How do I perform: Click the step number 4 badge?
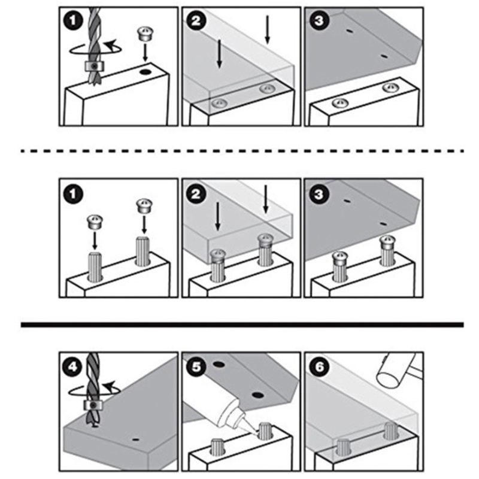tap(72, 366)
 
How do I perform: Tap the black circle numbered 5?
tap(196, 366)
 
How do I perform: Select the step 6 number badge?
tap(319, 366)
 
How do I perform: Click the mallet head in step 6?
tap(396, 371)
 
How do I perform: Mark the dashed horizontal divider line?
tap(242, 151)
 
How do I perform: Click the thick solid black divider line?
tap(242, 325)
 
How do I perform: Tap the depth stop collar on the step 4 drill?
tap(93, 405)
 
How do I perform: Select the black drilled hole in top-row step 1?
tap(145, 72)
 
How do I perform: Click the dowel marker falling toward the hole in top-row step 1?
tap(145, 34)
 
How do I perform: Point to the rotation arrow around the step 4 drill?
tap(95, 389)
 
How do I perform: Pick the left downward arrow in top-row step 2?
tap(219, 53)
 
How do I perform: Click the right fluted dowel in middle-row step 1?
tap(142, 251)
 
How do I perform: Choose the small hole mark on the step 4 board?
tap(136, 440)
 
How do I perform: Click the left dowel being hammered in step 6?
tap(343, 447)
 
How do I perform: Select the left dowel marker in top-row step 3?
tap(340, 103)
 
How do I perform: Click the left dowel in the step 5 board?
tap(217, 446)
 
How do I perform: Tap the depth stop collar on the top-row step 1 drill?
tap(95, 66)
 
